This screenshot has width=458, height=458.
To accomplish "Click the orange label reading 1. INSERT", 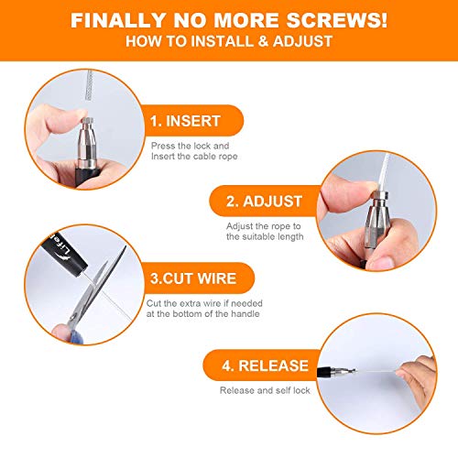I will pyautogui.click(x=188, y=119).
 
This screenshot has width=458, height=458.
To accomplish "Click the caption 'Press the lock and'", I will pyautogui.click(x=187, y=144).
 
